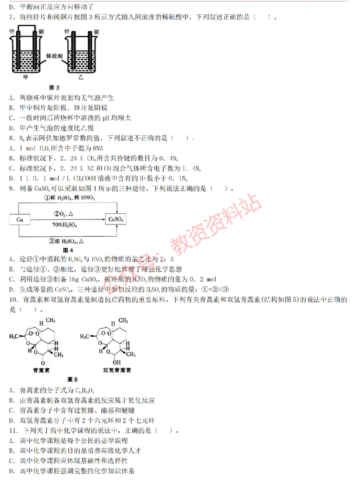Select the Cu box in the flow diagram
pos(20,220)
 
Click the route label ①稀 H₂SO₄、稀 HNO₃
pos(69,198)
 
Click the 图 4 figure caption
pos(68,250)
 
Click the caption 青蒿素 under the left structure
pos(42,370)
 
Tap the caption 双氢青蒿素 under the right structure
pos(117,370)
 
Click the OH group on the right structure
pos(117,361)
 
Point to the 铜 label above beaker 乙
pos(96,32)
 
